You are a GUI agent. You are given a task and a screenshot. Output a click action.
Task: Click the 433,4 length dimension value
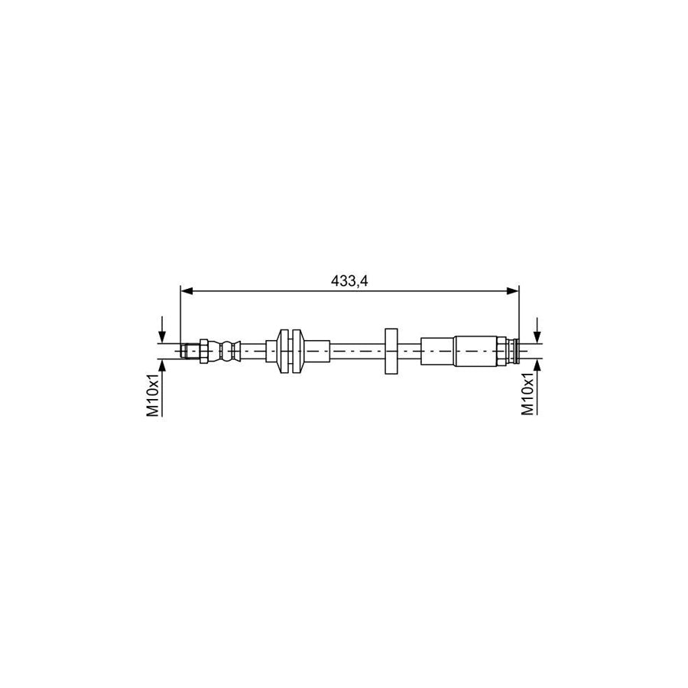coord(349,281)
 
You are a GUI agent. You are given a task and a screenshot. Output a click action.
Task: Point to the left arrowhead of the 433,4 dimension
coord(185,290)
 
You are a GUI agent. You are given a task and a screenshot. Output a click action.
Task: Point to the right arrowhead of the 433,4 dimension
coord(514,290)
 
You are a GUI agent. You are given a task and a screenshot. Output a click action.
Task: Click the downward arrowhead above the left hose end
coord(162,339)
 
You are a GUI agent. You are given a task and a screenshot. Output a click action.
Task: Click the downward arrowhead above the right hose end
coord(538,338)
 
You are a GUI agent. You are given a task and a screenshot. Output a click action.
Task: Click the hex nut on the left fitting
coord(203,351)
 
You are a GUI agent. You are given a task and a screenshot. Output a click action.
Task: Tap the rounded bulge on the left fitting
coord(225,351)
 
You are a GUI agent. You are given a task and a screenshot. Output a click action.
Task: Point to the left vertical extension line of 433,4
coord(180,313)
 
